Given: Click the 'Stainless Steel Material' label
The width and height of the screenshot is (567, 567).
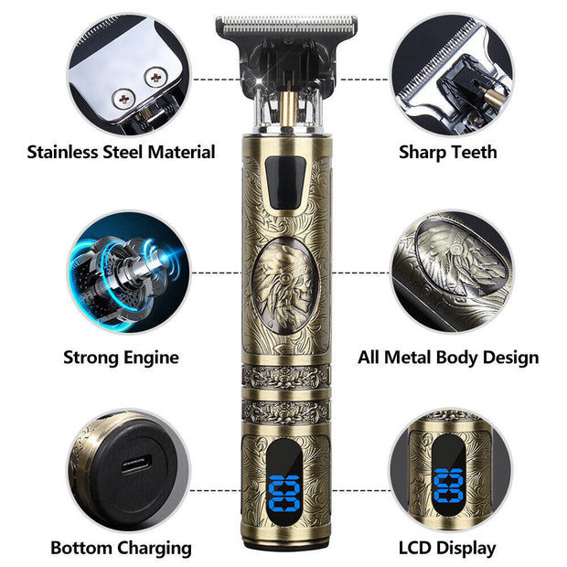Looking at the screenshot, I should point(121,152).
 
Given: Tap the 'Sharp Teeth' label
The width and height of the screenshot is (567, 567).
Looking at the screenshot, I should point(448,152).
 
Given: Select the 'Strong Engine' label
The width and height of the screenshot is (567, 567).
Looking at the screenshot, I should point(121,357).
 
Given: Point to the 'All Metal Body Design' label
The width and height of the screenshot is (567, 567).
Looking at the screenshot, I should point(448,357).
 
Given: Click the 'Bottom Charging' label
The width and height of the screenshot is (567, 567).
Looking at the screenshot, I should point(121,548).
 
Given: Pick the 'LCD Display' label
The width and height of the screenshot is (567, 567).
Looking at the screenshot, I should point(448,548).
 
